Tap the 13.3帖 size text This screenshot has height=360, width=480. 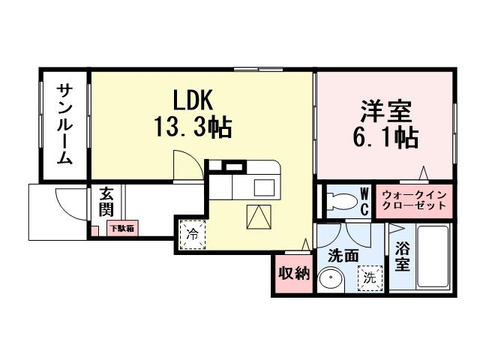[193, 127]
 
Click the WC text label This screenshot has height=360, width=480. [364, 200]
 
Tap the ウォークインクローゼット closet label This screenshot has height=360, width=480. [415, 200]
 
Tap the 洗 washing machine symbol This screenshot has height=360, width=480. [369, 277]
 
